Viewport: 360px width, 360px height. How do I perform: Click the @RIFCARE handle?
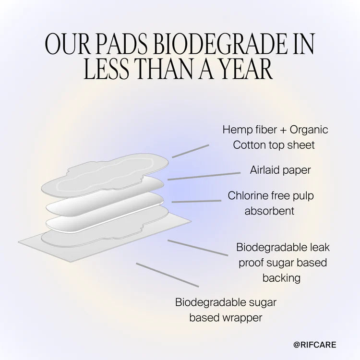click(x=315, y=345)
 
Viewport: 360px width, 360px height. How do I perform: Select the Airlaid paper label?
click(x=280, y=170)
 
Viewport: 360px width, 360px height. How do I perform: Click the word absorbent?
click(x=269, y=211)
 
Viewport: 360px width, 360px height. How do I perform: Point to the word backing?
click(x=282, y=277)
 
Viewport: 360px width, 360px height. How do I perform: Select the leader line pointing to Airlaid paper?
click(x=204, y=176)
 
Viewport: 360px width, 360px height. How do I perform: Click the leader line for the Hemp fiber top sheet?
click(x=191, y=151)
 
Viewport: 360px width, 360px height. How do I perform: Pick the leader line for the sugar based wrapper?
click(x=167, y=275)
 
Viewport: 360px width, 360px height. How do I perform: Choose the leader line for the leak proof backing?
click(x=197, y=248)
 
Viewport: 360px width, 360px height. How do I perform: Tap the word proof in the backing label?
click(x=252, y=263)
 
